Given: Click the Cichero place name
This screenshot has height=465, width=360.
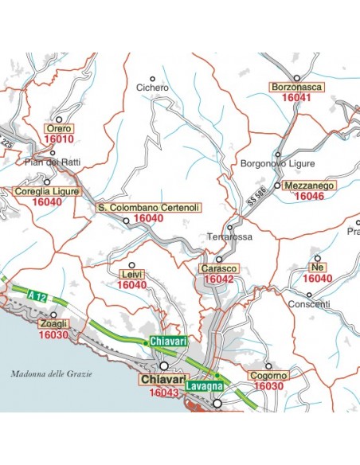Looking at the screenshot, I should point(152,88).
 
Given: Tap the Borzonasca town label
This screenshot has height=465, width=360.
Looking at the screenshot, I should point(296,85).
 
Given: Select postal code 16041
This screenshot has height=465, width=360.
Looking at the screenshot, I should point(296,96).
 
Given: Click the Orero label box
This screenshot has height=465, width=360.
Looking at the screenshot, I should point(59,127).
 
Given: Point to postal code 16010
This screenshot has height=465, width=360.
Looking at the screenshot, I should point(59,139).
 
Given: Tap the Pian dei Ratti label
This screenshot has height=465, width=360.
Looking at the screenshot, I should point(53,162).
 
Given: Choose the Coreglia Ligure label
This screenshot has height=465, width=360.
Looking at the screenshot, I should point(48,192).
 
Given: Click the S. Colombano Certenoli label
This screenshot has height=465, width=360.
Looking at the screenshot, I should point(148,207).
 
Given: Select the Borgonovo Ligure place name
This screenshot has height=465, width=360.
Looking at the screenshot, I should point(274,163).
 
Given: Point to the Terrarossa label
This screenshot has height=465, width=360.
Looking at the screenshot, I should point(229,237).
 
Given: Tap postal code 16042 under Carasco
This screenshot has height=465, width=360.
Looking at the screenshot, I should point(217,279).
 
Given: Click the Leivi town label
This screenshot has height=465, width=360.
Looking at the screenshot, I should point(131,274).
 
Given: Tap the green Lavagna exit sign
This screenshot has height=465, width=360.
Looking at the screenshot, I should point(206,386).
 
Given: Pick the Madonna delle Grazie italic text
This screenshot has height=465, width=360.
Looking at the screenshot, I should point(52,373).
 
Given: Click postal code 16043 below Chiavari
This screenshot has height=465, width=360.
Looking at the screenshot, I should point(163,392).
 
